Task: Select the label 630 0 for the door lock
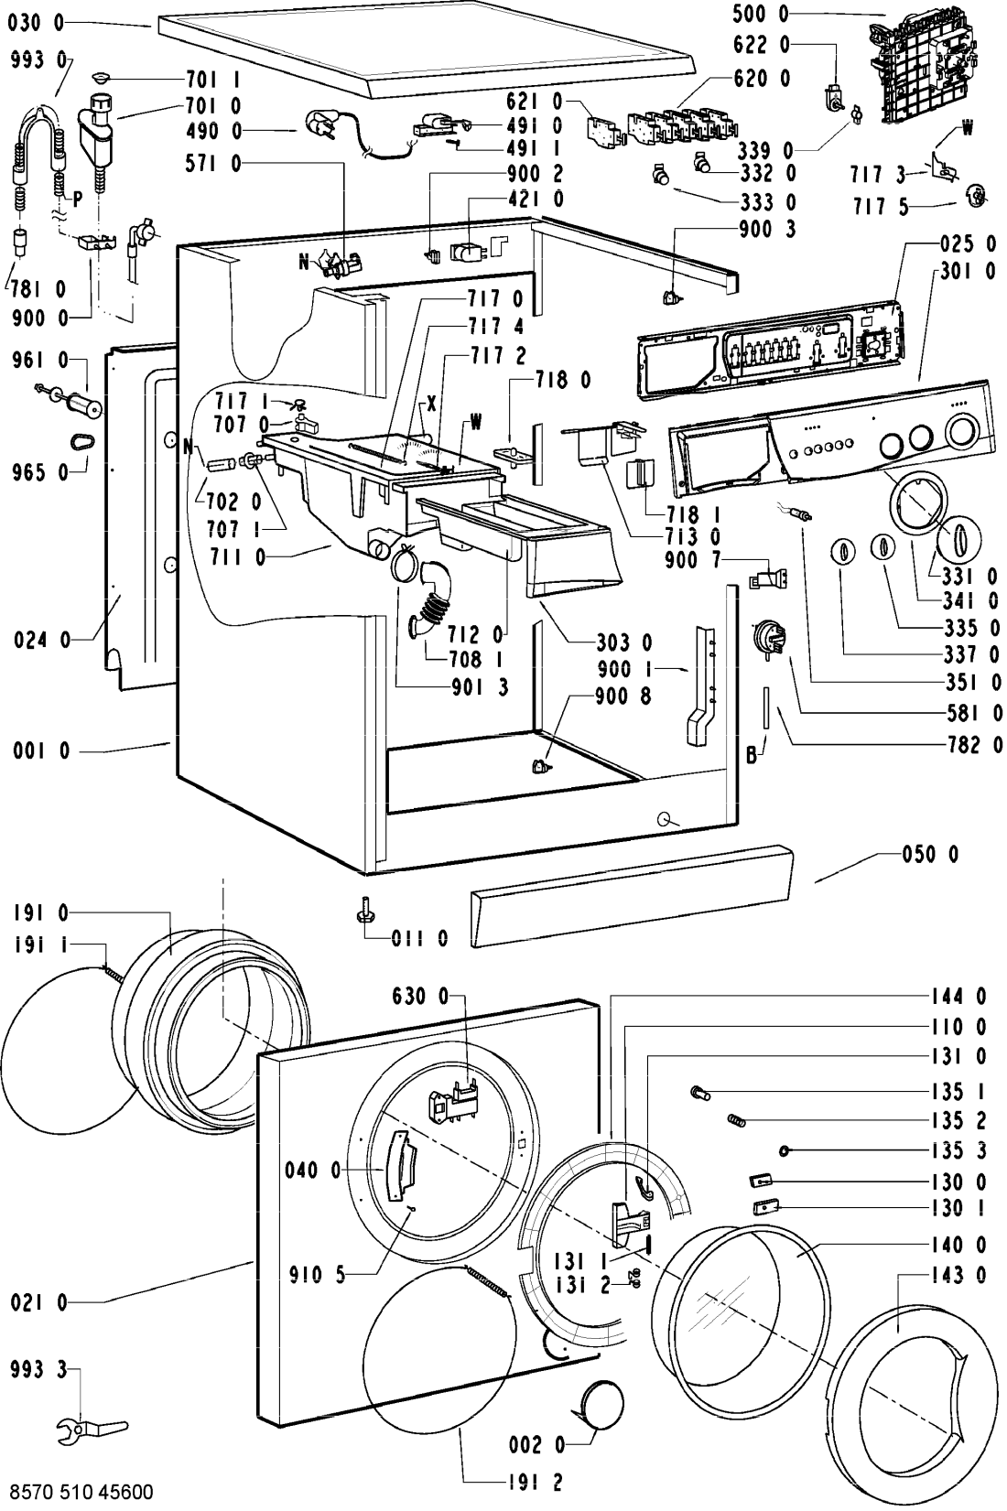pyautogui.click(x=422, y=996)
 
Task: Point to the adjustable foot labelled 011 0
pyautogui.click(x=364, y=912)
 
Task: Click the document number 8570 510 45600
pyautogui.click(x=78, y=1492)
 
